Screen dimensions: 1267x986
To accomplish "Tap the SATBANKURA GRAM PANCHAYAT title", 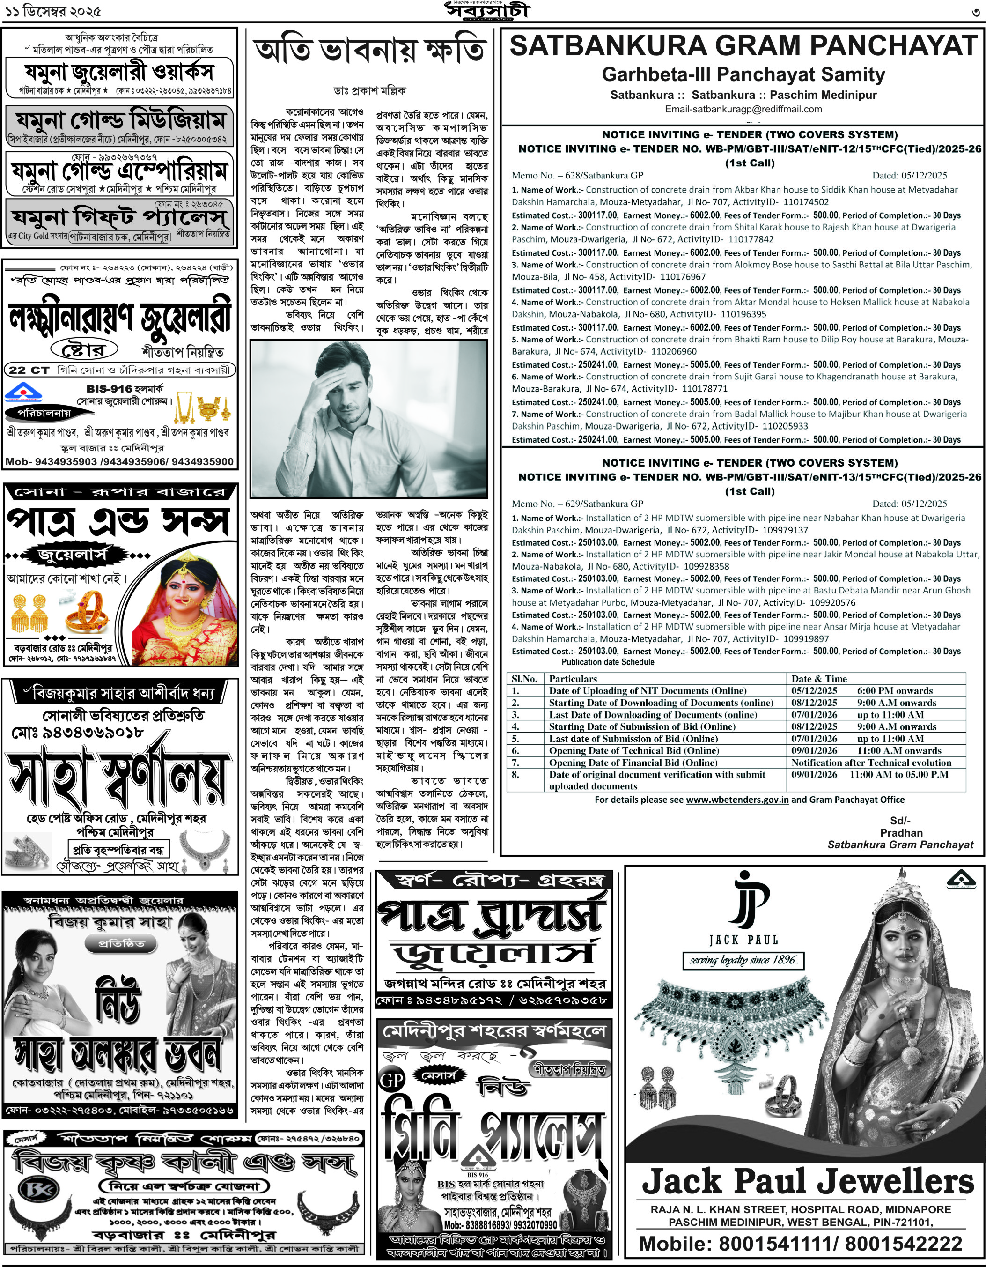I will (x=743, y=46).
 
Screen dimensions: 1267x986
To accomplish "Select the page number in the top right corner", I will (x=977, y=12).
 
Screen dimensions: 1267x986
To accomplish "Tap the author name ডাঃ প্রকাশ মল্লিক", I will (x=369, y=90).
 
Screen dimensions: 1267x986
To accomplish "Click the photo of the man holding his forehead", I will (x=369, y=419).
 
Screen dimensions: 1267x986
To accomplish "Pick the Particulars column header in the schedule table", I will (x=573, y=678).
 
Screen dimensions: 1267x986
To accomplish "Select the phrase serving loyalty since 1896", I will (x=743, y=960).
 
